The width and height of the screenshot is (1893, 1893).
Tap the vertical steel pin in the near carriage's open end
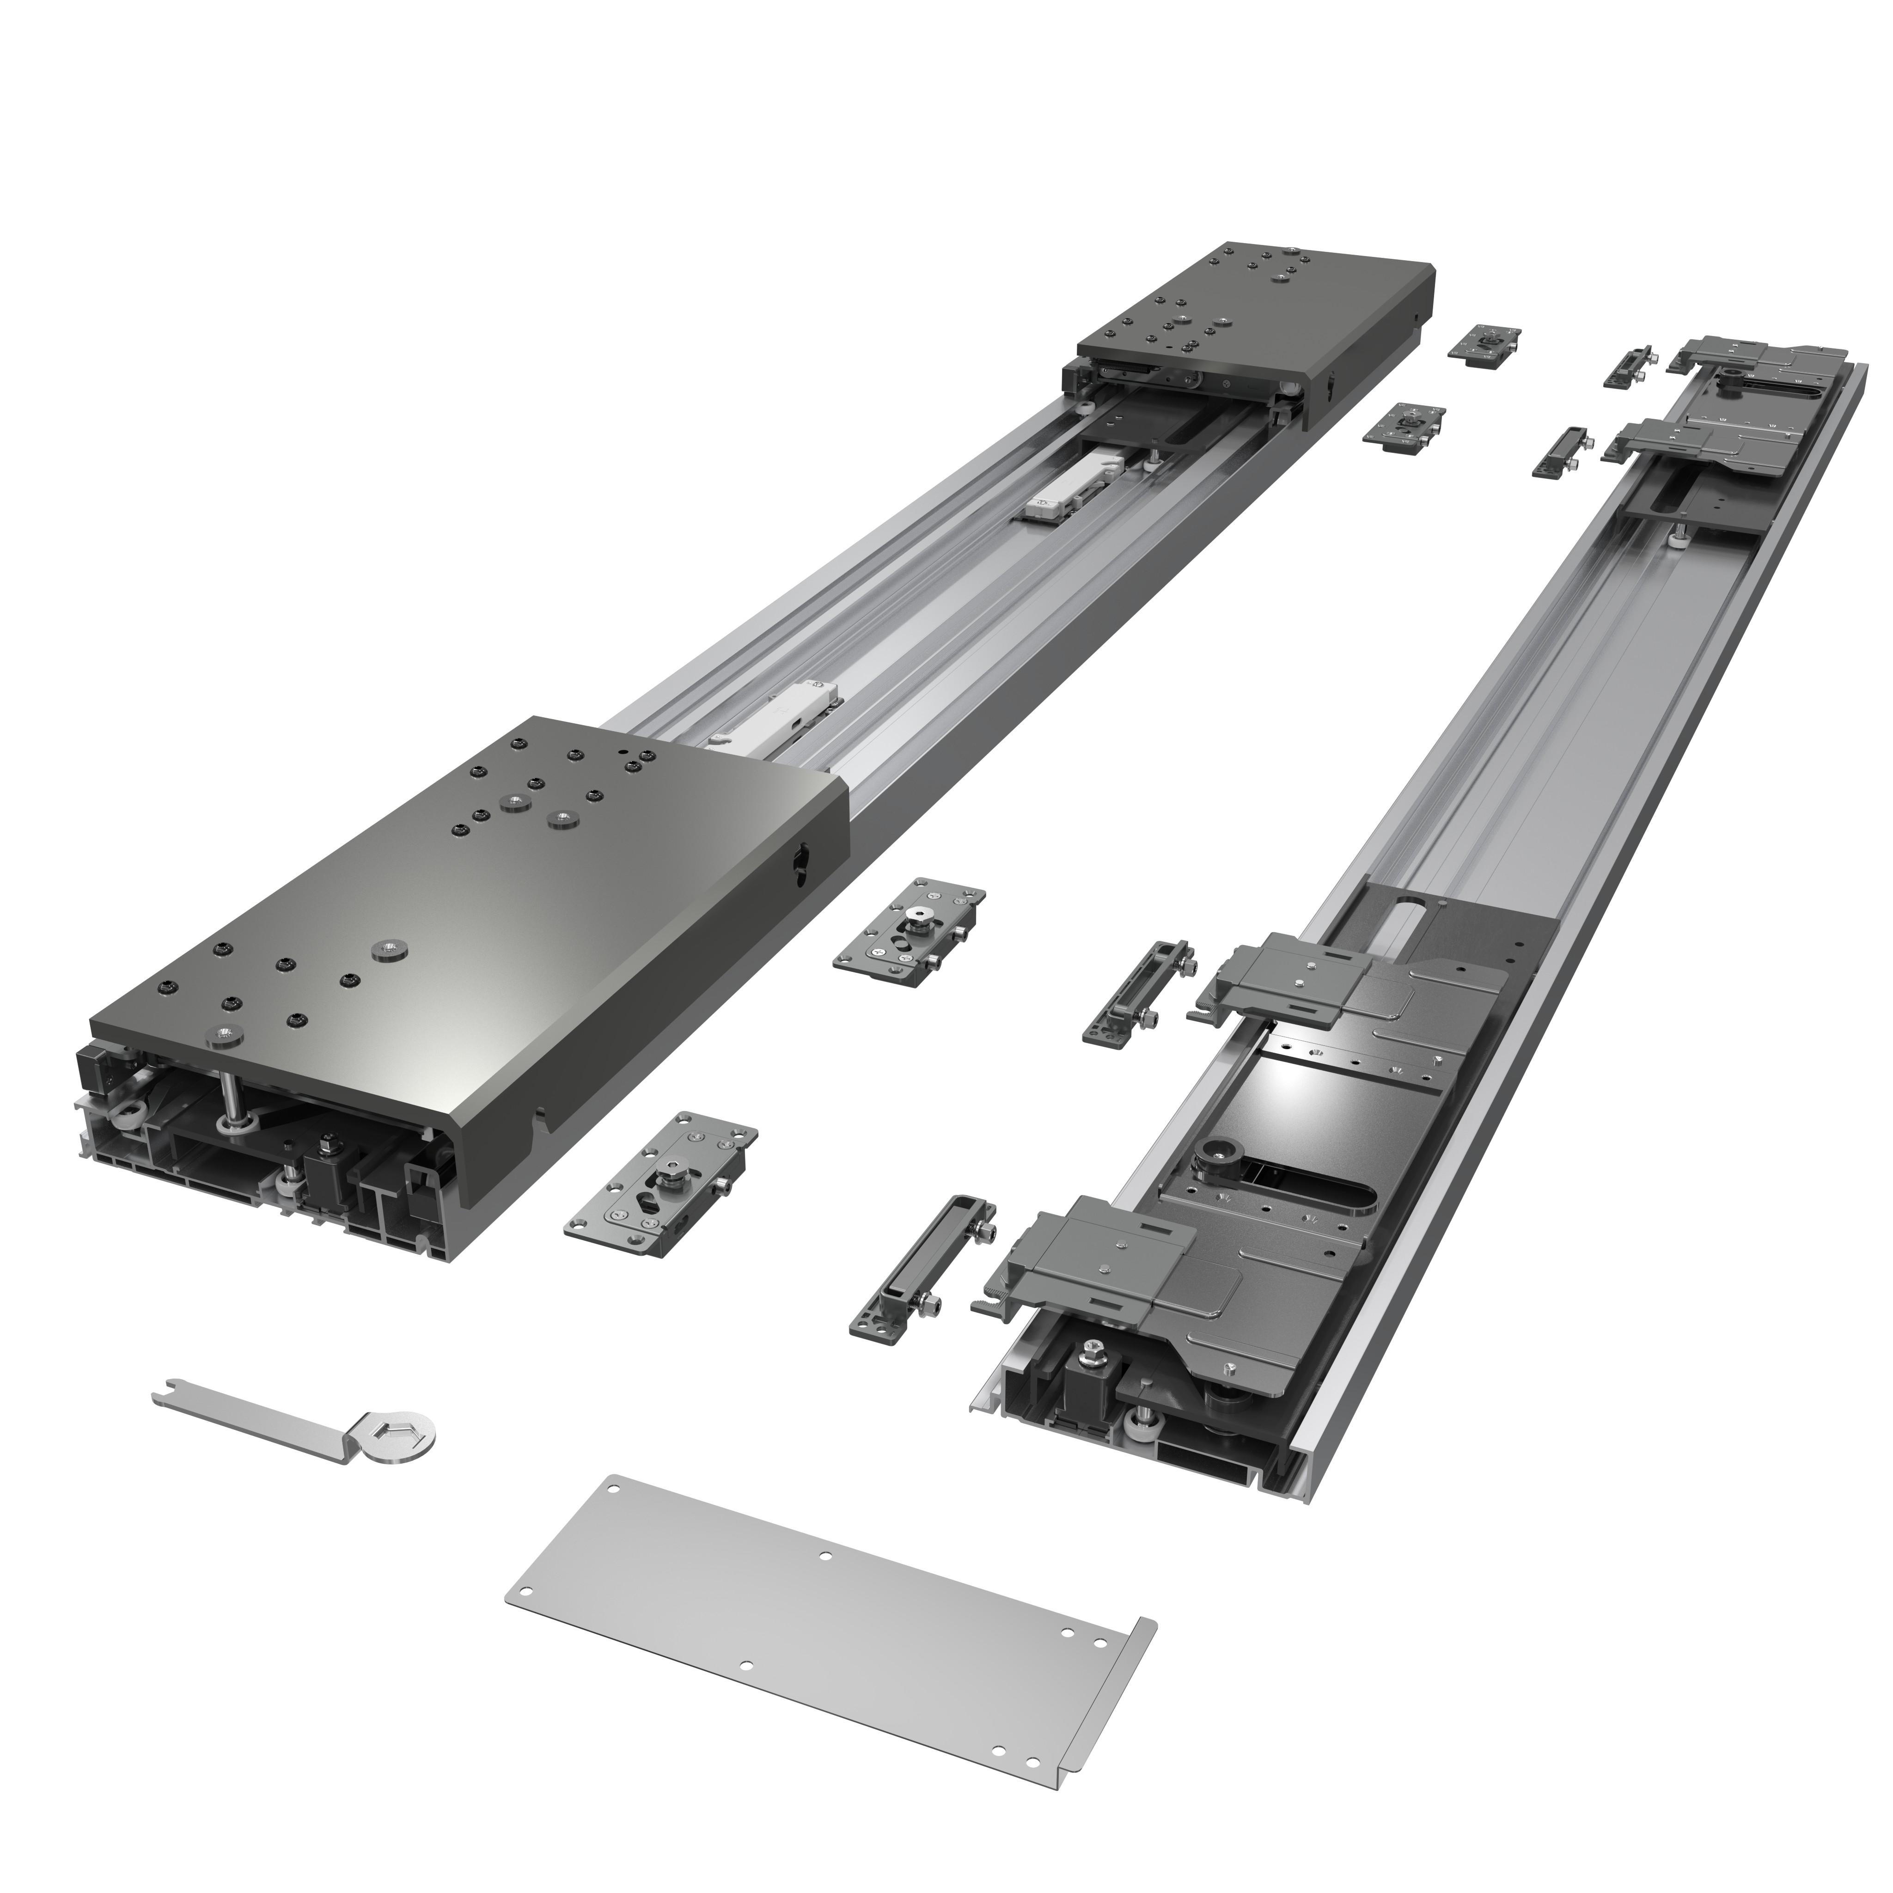(232, 1104)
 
